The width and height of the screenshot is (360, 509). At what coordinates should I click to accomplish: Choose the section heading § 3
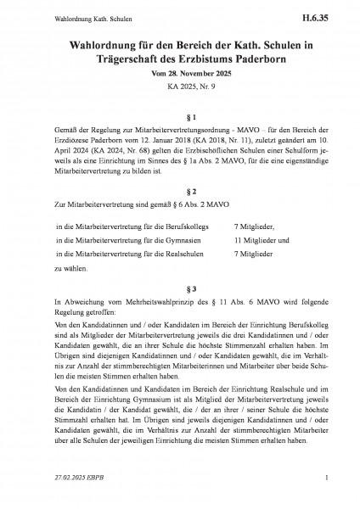(x=179, y=289)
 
